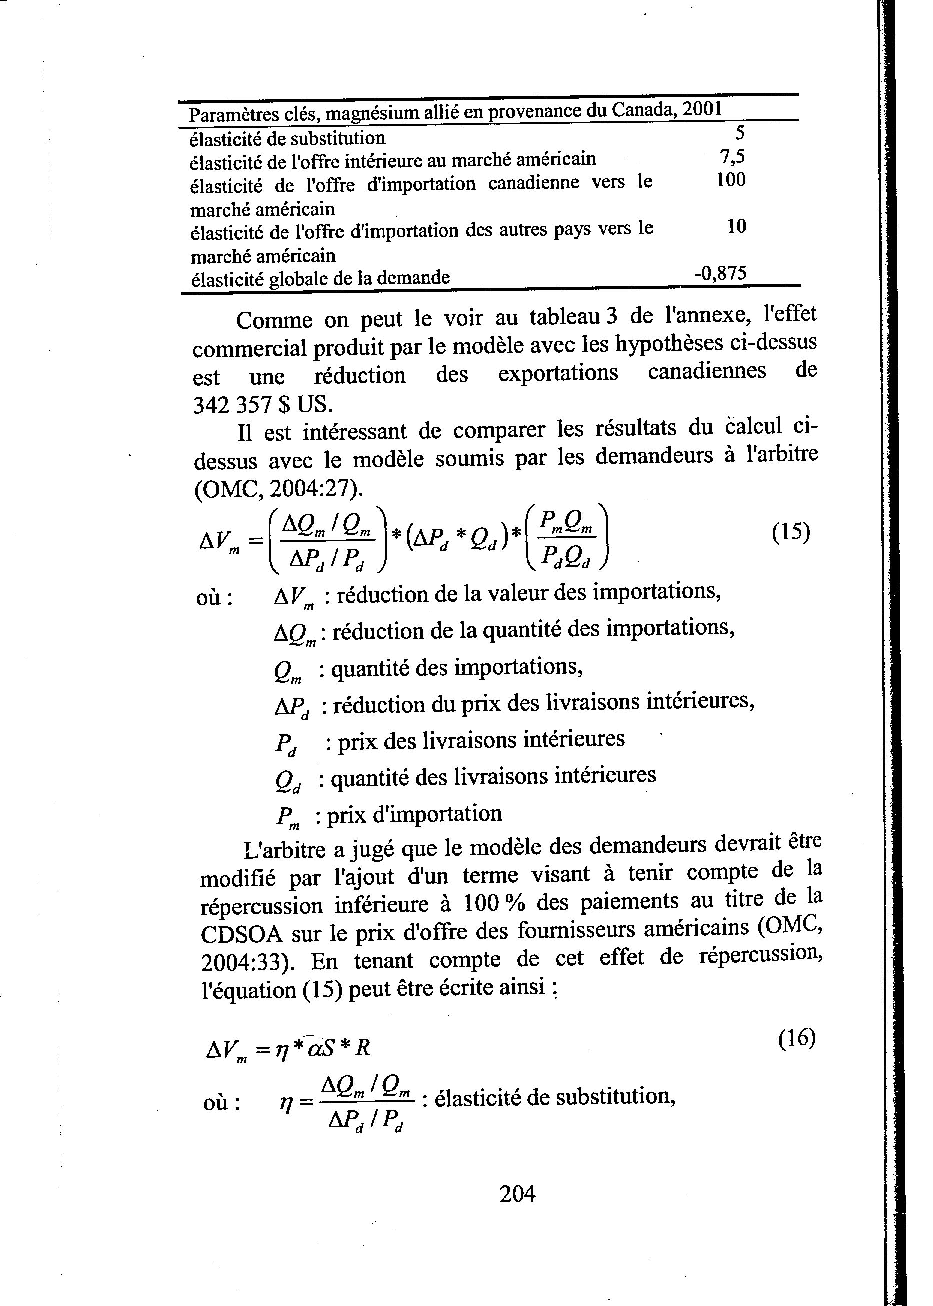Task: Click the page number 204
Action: pos(517,1194)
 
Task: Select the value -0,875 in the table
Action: pos(720,273)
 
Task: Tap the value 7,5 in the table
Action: pos(732,156)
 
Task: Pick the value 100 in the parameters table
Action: pos(731,180)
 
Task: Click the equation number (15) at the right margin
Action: pos(790,532)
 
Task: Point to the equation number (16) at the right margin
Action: pos(797,1038)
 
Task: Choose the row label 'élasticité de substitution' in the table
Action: pos(287,139)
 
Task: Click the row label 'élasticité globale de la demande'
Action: pos(320,279)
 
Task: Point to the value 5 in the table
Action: pos(740,133)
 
